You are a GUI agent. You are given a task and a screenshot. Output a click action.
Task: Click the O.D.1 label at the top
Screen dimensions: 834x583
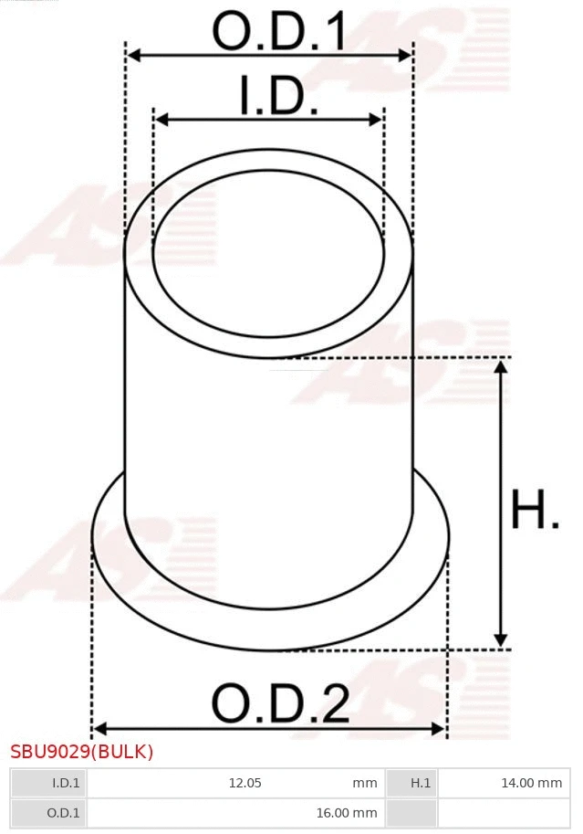[279, 32]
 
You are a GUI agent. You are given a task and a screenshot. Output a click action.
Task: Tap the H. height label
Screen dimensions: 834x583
[535, 511]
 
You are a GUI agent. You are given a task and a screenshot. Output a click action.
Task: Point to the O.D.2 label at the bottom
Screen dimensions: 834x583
[280, 704]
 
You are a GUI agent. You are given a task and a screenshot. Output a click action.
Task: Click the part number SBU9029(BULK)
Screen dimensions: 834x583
[82, 752]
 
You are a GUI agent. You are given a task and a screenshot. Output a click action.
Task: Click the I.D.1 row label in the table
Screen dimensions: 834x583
[66, 783]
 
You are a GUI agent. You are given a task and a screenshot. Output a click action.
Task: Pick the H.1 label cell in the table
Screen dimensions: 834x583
[420, 783]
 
